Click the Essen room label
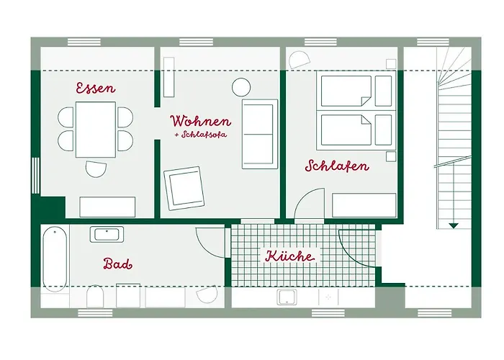(x=96, y=89)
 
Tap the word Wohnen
(x=200, y=120)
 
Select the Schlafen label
(x=337, y=166)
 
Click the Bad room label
(x=117, y=264)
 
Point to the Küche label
(x=289, y=256)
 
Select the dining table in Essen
(x=96, y=129)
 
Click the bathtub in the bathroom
(x=55, y=257)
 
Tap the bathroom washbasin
(x=107, y=234)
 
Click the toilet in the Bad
(x=95, y=297)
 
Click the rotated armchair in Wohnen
(x=184, y=186)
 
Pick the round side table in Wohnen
(x=240, y=88)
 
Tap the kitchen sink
(x=289, y=297)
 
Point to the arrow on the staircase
(x=453, y=225)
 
